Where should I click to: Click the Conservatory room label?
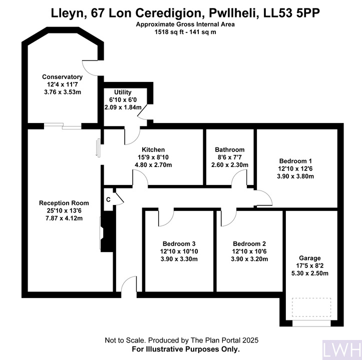62,77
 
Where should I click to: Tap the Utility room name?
123,92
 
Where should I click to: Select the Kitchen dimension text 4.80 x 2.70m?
153,165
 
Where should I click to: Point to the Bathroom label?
230,149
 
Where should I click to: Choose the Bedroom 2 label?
249,244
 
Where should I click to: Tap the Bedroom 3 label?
179,244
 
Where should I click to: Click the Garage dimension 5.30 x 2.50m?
310,273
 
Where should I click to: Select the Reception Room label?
64,203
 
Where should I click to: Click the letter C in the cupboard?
108,199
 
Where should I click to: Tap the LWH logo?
342,350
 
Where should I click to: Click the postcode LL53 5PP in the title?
292,13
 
